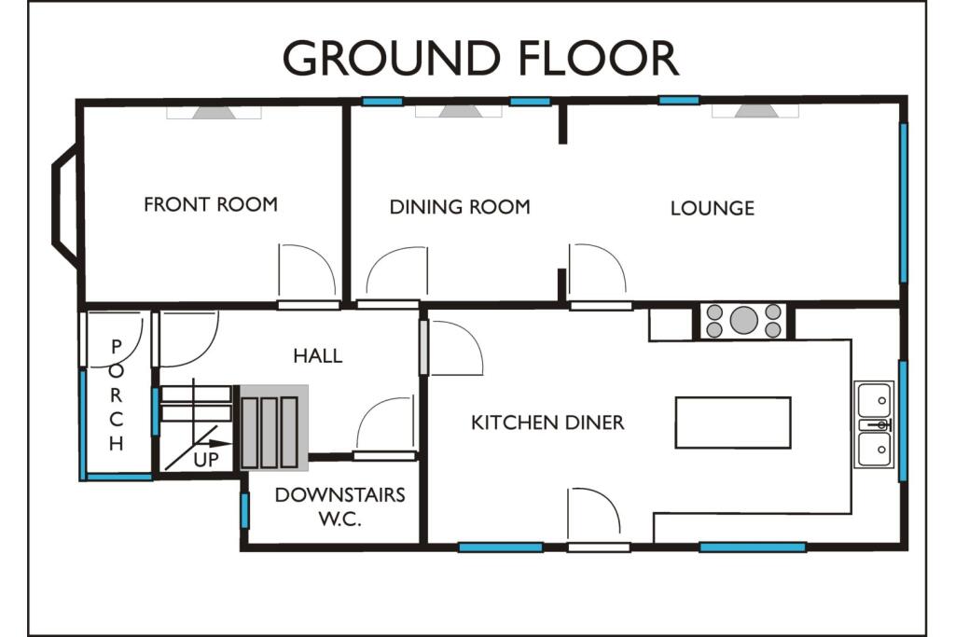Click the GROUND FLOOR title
[480, 58]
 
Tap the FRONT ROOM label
[211, 204]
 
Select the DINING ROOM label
[460, 207]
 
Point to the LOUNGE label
[713, 208]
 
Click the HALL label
[317, 355]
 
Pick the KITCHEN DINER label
[547, 422]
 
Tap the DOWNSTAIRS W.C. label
[339, 505]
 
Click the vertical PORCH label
[117, 395]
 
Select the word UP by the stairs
[207, 460]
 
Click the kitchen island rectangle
[733, 422]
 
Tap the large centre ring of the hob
[743, 320]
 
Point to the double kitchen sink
[875, 424]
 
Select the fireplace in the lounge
[754, 111]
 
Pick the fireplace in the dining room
[457, 111]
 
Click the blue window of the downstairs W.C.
[245, 510]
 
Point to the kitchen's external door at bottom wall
[598, 547]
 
